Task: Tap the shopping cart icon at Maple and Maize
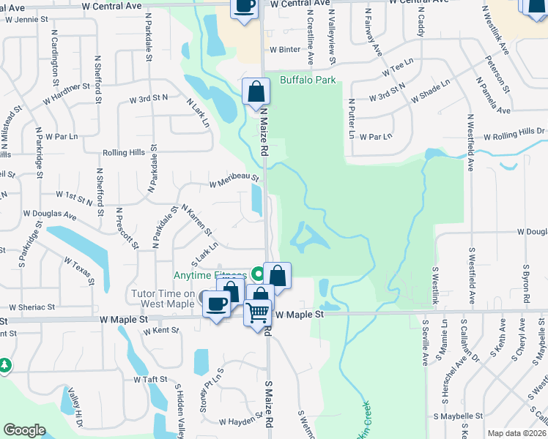[x=258, y=313]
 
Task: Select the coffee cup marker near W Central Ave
[x=245, y=7]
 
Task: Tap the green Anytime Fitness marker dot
[x=257, y=274]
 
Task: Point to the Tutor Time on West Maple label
[x=163, y=299]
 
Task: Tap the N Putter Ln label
[x=352, y=119]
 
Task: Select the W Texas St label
[x=79, y=268]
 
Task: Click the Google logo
[x=24, y=430]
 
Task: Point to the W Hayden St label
[x=241, y=421]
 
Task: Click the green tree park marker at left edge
[x=4, y=364]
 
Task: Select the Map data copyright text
[x=517, y=433]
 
